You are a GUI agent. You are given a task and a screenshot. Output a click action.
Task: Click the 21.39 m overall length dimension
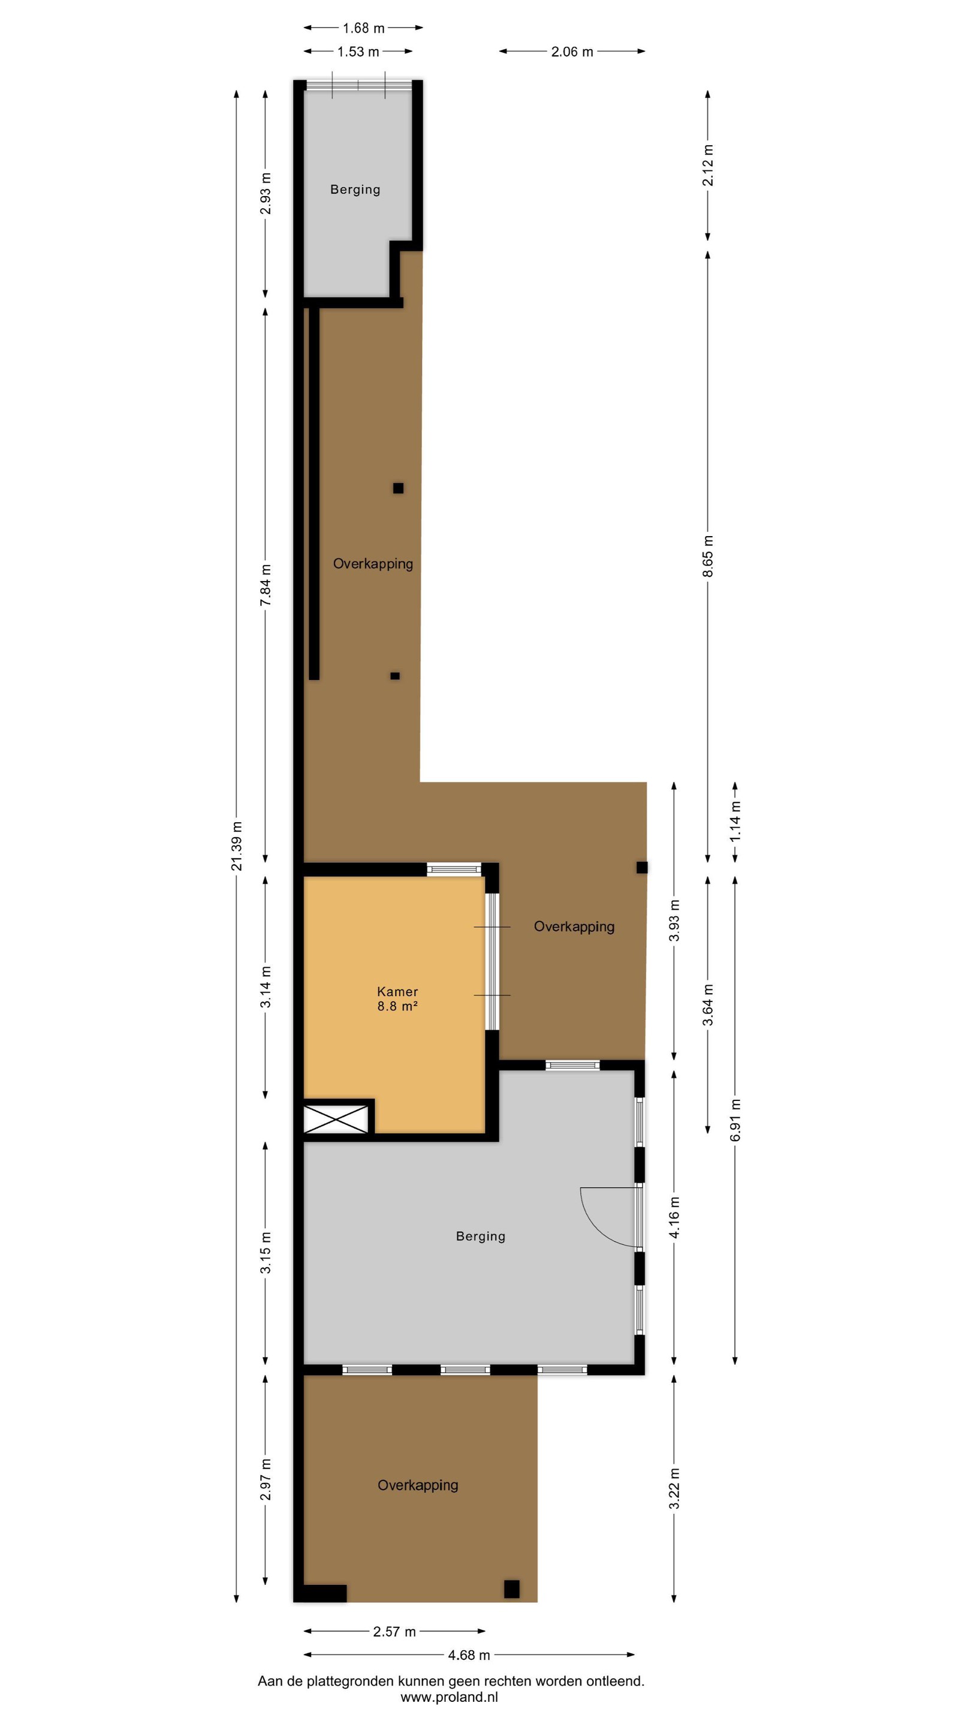click(237, 846)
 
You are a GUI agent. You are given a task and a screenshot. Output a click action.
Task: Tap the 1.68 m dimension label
click(364, 28)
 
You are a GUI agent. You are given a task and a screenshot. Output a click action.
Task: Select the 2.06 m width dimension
click(572, 52)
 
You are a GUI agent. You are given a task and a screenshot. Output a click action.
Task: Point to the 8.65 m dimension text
click(708, 556)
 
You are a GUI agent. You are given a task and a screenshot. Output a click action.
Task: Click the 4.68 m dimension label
click(469, 1655)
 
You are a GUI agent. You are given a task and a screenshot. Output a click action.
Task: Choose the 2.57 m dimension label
click(395, 1632)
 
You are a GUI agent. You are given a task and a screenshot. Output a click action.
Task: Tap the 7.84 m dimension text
click(266, 585)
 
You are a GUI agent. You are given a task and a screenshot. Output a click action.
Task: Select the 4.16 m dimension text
click(675, 1217)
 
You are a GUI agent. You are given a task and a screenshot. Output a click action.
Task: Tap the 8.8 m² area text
click(397, 1006)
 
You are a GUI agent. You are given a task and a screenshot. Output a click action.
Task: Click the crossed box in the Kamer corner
click(336, 1120)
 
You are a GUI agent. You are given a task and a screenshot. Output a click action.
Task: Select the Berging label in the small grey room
click(355, 189)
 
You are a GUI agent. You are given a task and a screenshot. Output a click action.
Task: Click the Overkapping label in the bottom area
click(418, 1485)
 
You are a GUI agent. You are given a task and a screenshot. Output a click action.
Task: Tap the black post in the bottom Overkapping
click(512, 1589)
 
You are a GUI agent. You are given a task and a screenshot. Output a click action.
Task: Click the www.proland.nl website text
click(450, 1698)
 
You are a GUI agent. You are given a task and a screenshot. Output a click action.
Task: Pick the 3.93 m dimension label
click(675, 920)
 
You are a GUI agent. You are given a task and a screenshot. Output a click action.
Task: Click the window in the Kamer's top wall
click(454, 869)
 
